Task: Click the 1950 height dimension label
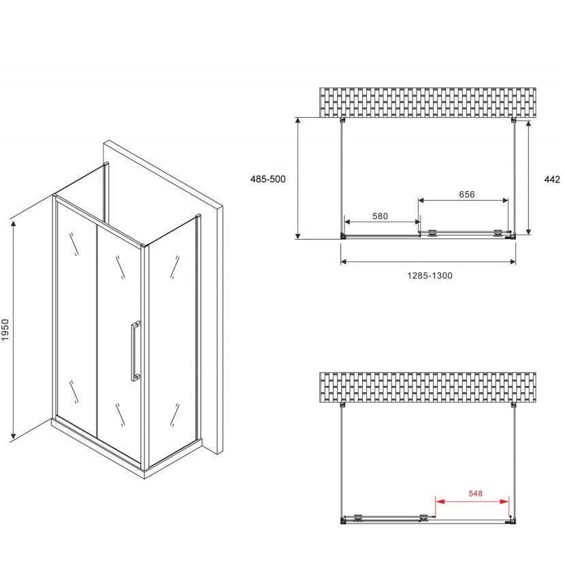click(5, 329)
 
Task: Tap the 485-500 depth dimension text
click(268, 179)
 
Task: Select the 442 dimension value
click(552, 179)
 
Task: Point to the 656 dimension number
click(466, 195)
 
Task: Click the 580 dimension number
click(380, 216)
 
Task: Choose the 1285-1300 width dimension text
click(430, 276)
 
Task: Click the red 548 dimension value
click(475, 494)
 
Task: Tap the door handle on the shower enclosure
click(135, 351)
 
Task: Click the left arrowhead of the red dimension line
click(439, 501)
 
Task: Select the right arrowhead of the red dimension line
click(505, 501)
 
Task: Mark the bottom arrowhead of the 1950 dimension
click(14, 436)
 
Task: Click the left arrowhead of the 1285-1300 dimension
click(344, 261)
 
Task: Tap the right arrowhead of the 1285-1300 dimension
click(513, 261)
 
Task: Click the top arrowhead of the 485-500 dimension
click(298, 120)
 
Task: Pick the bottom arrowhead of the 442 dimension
click(529, 231)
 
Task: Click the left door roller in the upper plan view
click(432, 233)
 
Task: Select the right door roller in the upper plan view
click(498, 233)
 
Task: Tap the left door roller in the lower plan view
click(358, 518)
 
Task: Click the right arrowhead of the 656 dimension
click(505, 200)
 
